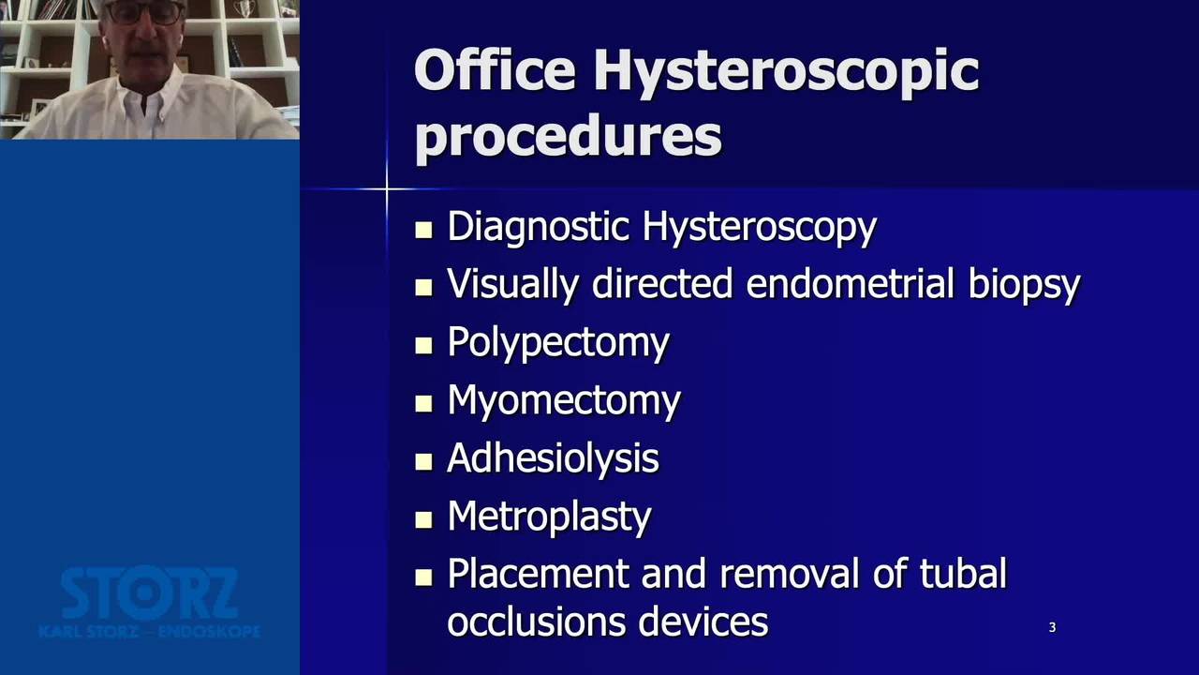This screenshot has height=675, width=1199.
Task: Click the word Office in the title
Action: pyautogui.click(x=495, y=69)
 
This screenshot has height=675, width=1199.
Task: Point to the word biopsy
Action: pyautogui.click(x=1025, y=284)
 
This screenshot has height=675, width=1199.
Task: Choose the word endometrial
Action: pyautogui.click(x=850, y=283)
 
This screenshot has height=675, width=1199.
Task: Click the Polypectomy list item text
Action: pyautogui.click(x=558, y=343)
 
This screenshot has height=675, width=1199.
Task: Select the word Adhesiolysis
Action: pyautogui.click(x=553, y=458)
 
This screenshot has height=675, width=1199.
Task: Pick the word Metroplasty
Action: pyautogui.click(x=549, y=517)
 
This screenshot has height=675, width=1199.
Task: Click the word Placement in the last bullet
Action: pyautogui.click(x=538, y=574)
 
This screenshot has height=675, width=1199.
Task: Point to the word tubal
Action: pyautogui.click(x=964, y=573)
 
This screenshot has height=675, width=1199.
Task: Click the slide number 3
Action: pyautogui.click(x=1052, y=627)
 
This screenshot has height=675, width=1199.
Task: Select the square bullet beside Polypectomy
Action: pyautogui.click(x=423, y=346)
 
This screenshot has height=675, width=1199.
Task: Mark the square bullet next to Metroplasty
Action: pyautogui.click(x=423, y=519)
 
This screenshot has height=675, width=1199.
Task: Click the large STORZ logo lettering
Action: pyautogui.click(x=149, y=593)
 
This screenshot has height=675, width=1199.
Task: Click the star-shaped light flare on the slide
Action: pyautogui.click(x=387, y=188)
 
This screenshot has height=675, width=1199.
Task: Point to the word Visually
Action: pyautogui.click(x=512, y=284)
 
